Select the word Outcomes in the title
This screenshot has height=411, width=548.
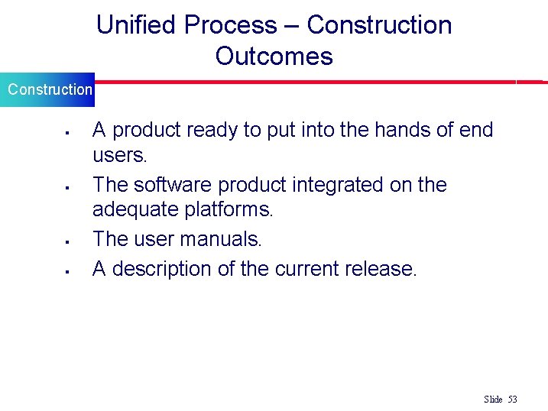pos(274,57)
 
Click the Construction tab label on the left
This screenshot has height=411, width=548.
pos(50,89)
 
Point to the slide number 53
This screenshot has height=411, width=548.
pos(512,400)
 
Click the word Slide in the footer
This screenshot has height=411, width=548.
pos(493,400)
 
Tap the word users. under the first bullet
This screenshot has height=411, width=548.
pos(119,155)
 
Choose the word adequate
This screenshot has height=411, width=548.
pos(131,209)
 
